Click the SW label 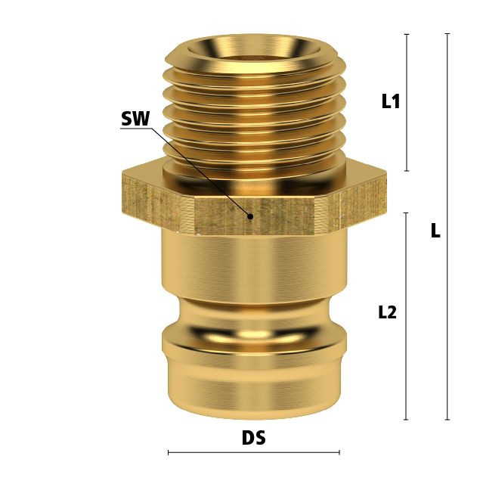[x=135, y=119]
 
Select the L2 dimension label [x=387, y=312]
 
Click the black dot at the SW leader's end [x=250, y=217]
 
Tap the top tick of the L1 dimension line [x=407, y=34]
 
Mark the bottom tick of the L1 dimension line [x=407, y=171]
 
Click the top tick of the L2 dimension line [x=406, y=213]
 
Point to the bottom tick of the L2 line [x=406, y=420]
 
